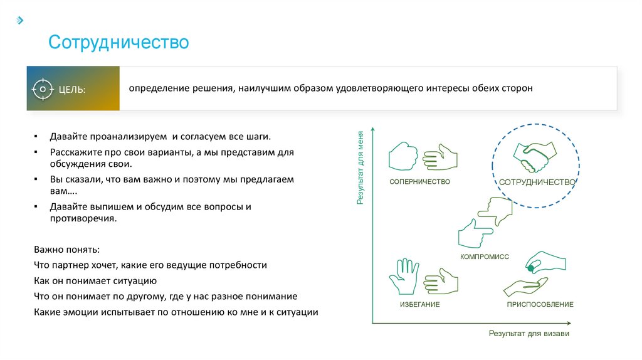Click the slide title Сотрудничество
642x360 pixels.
pos(118,43)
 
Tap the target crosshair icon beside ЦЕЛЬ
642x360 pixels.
pos(43,89)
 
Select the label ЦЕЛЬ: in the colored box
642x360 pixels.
pos(72,90)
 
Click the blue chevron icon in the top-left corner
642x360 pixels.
pos(20,20)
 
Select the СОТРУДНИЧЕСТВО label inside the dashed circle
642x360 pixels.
pos(537,182)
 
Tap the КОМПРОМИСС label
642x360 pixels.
pos(484,257)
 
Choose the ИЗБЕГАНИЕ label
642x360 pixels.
pos(419,304)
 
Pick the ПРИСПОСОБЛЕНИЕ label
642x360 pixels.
pos(540,304)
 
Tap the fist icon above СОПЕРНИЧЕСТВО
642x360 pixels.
pos(403,156)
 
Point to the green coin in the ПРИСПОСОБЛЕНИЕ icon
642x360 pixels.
pos(530,268)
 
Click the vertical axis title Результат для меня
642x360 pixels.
pos(360,168)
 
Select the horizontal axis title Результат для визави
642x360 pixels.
pos(529,334)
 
